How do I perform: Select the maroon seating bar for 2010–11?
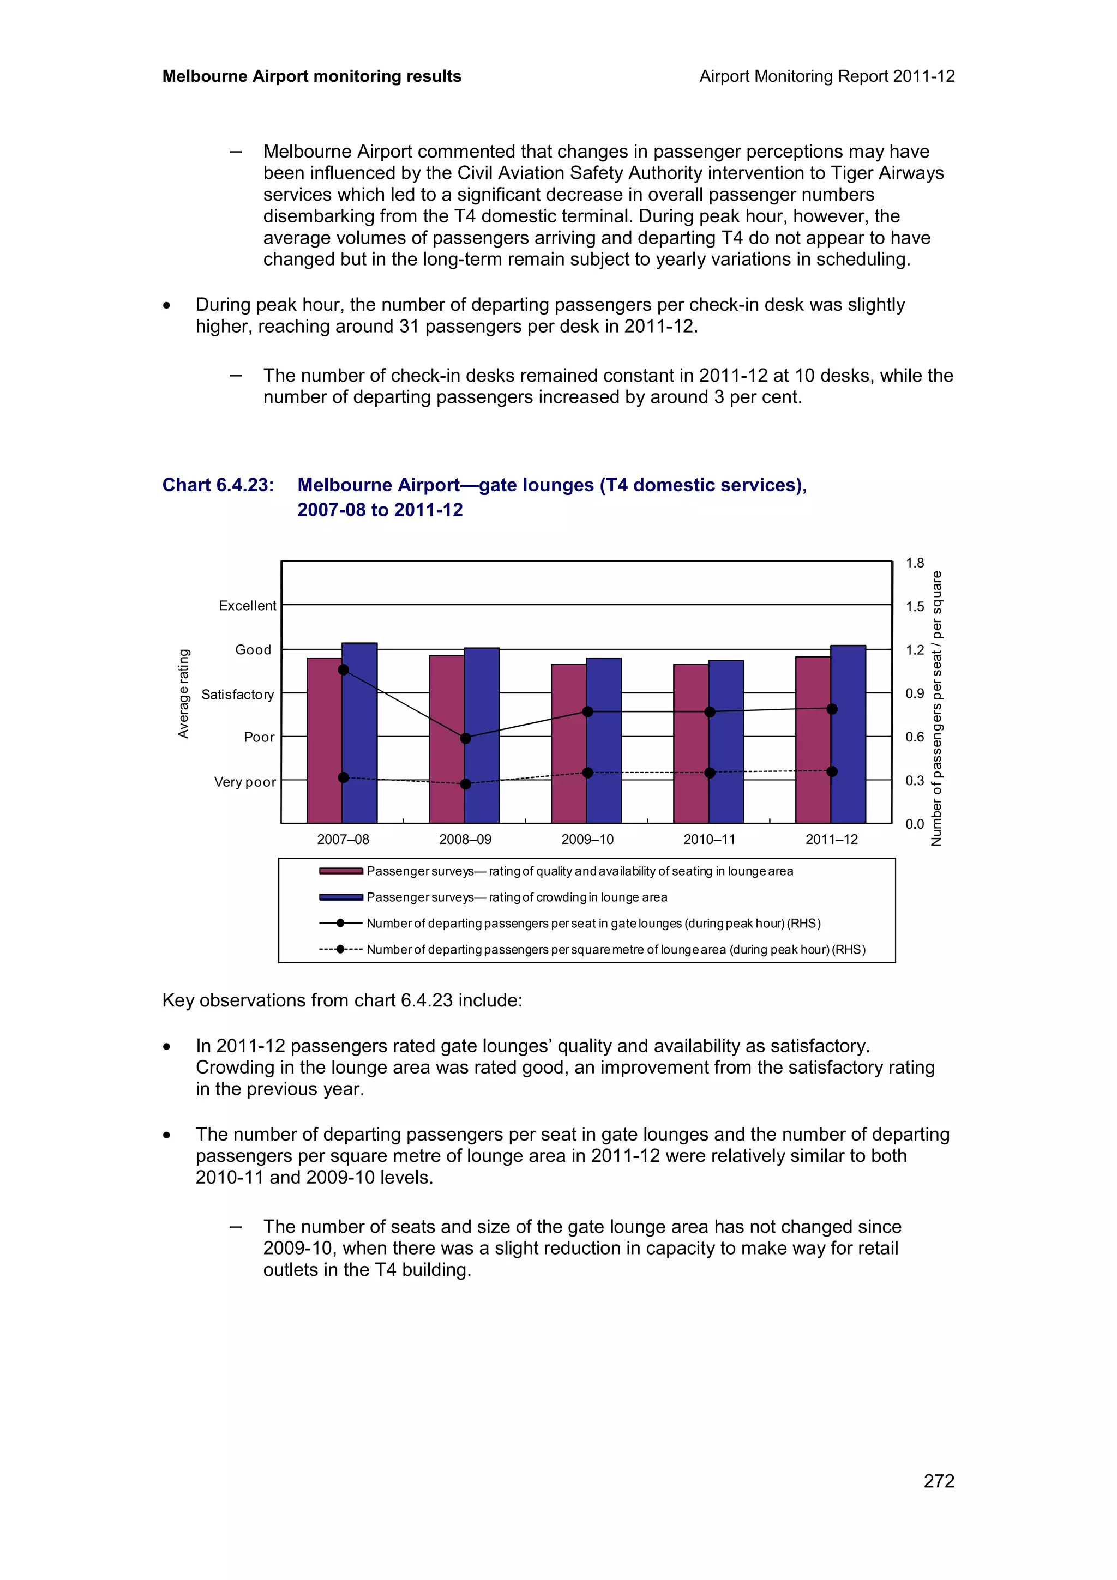point(690,743)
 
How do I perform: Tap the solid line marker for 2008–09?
point(465,738)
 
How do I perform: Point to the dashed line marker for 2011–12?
point(831,771)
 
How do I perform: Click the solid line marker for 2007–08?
point(344,670)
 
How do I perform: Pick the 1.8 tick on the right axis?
point(915,563)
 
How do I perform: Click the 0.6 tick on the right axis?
point(915,737)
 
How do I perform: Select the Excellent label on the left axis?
point(247,606)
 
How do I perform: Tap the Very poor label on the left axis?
point(244,782)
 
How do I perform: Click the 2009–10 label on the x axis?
point(587,840)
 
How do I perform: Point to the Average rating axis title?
point(183,693)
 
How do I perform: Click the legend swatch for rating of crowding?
point(341,897)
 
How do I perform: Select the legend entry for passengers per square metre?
point(615,950)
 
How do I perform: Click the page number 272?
point(939,1481)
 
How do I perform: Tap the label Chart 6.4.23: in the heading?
point(218,485)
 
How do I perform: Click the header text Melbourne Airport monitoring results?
point(311,76)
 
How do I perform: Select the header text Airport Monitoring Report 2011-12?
point(826,76)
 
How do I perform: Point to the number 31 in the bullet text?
point(409,326)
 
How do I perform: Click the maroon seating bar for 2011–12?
point(813,740)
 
